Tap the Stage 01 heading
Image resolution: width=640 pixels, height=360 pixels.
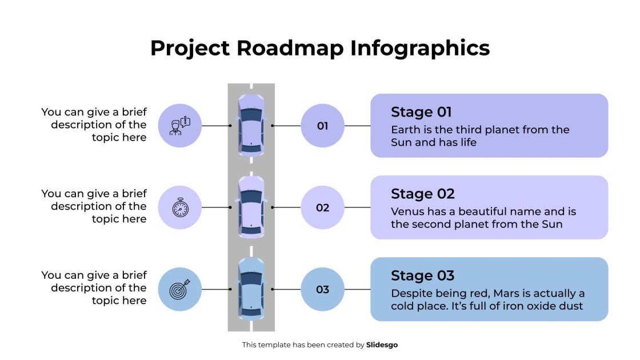pyautogui.click(x=421, y=112)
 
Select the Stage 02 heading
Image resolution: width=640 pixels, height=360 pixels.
pyautogui.click(x=422, y=194)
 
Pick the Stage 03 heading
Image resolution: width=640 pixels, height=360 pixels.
pyautogui.click(x=422, y=275)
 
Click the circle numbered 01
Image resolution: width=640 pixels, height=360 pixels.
pyautogui.click(x=322, y=126)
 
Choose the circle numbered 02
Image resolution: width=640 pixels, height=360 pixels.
pyautogui.click(x=322, y=207)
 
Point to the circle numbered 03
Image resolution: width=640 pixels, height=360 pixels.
pyautogui.click(x=322, y=289)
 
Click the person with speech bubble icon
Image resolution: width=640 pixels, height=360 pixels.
pyautogui.click(x=179, y=126)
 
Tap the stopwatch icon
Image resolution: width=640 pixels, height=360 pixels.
pyautogui.click(x=179, y=207)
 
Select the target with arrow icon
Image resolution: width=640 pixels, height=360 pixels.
pyautogui.click(x=179, y=289)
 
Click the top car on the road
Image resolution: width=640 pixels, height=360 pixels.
pyautogui.click(x=251, y=126)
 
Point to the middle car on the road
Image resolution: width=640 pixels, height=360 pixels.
pyautogui.click(x=251, y=207)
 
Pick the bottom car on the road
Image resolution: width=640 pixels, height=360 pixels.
pyautogui.click(x=251, y=289)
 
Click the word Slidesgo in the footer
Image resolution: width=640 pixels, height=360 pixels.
pyautogui.click(x=382, y=345)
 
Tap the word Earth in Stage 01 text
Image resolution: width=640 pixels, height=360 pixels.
pyautogui.click(x=405, y=130)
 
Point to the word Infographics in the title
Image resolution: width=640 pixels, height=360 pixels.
pyautogui.click(x=420, y=48)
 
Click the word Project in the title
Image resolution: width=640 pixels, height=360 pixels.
pyautogui.click(x=190, y=48)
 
